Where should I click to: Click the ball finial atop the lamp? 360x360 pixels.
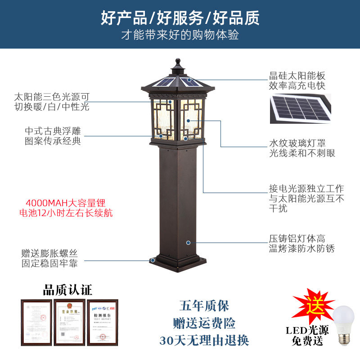click(x=178, y=61)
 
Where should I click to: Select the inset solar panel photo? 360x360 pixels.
click(x=300, y=108)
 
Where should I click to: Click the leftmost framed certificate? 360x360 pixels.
click(x=36, y=321)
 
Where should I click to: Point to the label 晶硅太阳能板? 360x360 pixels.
click(x=297, y=76)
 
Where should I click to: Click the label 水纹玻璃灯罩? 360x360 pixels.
click(x=297, y=143)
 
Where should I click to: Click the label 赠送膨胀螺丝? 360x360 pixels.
click(x=49, y=253)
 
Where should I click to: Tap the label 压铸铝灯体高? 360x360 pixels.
click(x=297, y=238)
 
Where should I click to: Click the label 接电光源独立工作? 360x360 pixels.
click(x=306, y=189)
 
